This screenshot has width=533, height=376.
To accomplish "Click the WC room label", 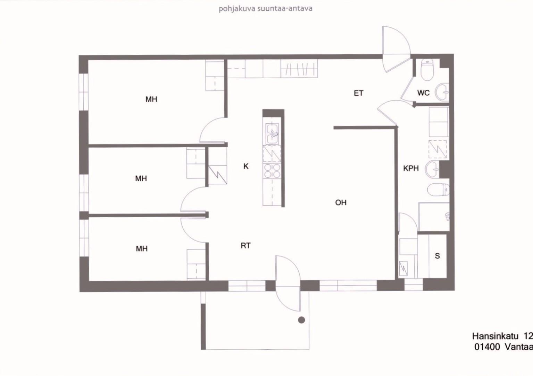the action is point(423,93).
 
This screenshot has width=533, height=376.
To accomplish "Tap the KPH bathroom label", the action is point(411,168).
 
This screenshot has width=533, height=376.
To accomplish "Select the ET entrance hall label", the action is point(359,93).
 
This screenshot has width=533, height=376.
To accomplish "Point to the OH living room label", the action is point(341,202).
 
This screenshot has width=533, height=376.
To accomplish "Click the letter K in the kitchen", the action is point(246,166).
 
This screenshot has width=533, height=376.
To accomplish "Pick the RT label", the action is point(245,245).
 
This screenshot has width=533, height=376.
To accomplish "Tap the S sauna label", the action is point(438,256).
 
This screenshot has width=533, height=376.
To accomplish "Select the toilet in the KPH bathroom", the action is point(438,190).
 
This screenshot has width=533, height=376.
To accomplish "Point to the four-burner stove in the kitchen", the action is point(272,171).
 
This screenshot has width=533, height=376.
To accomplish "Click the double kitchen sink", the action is point(272,134).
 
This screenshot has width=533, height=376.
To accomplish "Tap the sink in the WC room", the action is point(442,92).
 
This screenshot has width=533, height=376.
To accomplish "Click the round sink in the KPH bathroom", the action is point(432,169).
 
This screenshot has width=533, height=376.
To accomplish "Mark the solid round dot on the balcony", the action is point(301,320).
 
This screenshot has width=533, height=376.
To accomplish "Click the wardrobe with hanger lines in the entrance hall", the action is point(299,68).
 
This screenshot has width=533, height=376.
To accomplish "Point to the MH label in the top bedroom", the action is point(151,99).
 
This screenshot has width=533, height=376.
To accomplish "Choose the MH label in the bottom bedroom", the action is point(142,249).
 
